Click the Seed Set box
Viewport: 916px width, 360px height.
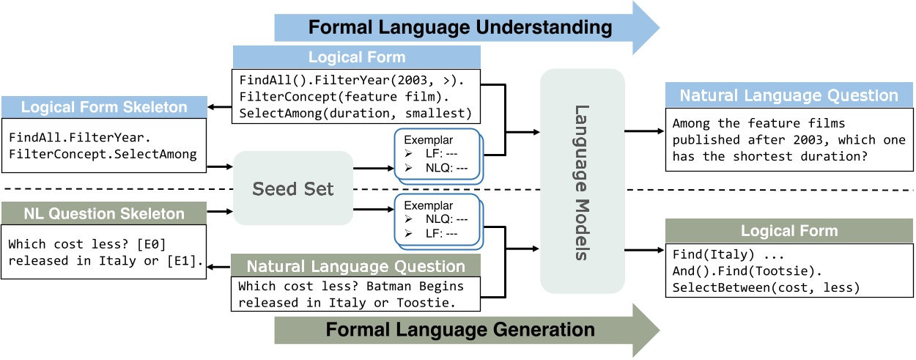tap(293, 188)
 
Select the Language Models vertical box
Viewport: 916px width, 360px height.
tap(583, 181)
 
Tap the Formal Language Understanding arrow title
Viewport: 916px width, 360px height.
tap(460, 27)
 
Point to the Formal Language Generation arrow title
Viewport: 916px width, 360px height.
tap(460, 330)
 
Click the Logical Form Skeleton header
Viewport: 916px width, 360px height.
tap(104, 107)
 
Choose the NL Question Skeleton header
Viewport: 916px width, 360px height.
tap(104, 213)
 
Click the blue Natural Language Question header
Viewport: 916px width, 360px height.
tap(788, 95)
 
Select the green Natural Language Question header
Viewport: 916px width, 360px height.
tap(355, 266)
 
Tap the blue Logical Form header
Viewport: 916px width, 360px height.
tap(357, 57)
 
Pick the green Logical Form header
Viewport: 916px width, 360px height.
tap(789, 231)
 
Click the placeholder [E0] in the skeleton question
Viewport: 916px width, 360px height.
tap(151, 244)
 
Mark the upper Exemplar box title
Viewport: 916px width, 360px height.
tap(428, 140)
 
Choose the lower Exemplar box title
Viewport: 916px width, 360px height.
tap(428, 205)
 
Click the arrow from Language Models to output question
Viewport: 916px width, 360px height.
tap(644, 131)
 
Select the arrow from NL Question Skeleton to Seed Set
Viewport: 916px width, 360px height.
tap(220, 211)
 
